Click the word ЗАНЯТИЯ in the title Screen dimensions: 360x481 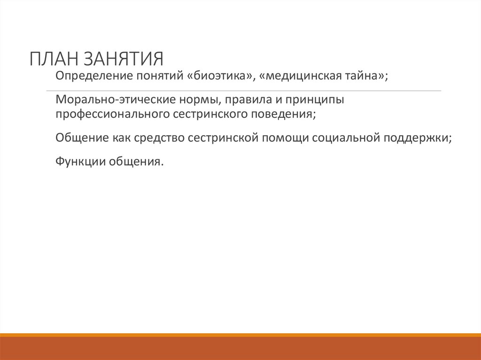tap(124, 60)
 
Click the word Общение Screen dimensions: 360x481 tap(80, 138)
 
